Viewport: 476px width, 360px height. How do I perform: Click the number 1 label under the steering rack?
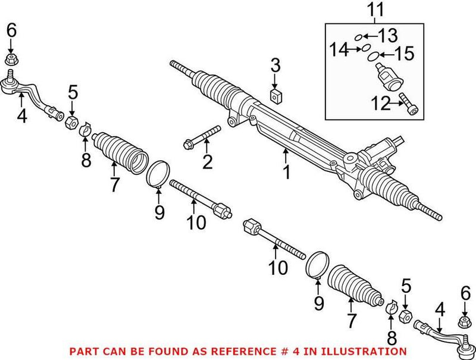[x=286, y=173]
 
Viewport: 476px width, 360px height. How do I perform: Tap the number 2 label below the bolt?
[x=207, y=161]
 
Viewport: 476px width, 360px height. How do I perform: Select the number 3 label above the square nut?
[x=275, y=65]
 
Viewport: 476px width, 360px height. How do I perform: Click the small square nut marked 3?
[x=277, y=95]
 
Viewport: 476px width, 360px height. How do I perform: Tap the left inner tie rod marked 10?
[x=199, y=196]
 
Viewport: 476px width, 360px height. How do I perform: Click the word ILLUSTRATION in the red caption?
[x=364, y=352]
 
